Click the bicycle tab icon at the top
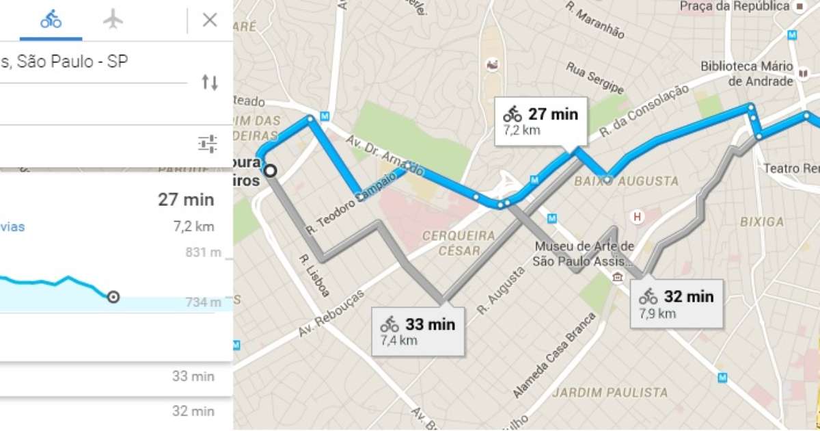pyautogui.click(x=51, y=20)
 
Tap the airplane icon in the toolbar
pyautogui.click(x=113, y=20)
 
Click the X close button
pyautogui.click(x=210, y=20)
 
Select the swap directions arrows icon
pyautogui.click(x=209, y=83)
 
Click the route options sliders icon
pyautogui.click(x=208, y=144)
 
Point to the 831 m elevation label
pyautogui.click(x=203, y=252)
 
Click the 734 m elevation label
pyautogui.click(x=203, y=302)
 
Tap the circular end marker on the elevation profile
pyautogui.click(x=113, y=296)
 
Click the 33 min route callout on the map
pyautogui.click(x=418, y=330)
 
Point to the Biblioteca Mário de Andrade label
pyautogui.click(x=747, y=74)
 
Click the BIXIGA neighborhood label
pyautogui.click(x=762, y=222)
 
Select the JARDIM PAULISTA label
pyautogui.click(x=610, y=393)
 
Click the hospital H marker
pyautogui.click(x=638, y=218)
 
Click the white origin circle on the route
pyautogui.click(x=271, y=171)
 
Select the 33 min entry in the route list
pyautogui.click(x=193, y=376)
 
